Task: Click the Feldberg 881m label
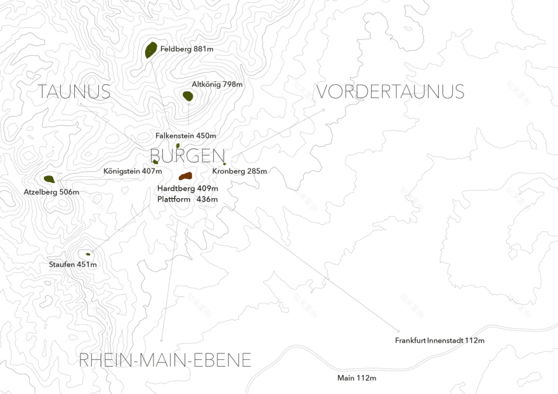(x=186, y=49)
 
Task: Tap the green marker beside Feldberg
(x=151, y=50)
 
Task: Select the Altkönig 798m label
(x=217, y=84)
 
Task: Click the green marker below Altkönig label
(x=188, y=96)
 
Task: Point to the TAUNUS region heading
(x=74, y=92)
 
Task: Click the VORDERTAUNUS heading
(x=390, y=92)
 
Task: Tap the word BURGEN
(x=188, y=156)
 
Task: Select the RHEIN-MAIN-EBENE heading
(x=165, y=360)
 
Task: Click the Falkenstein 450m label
(x=186, y=136)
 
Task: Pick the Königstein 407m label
(x=133, y=171)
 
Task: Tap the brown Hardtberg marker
(x=185, y=176)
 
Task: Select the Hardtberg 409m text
(x=188, y=189)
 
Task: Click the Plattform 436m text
(x=188, y=200)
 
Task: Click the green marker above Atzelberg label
(x=49, y=179)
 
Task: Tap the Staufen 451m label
(x=73, y=264)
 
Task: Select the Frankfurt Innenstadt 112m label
(x=439, y=341)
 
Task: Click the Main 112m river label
(x=356, y=378)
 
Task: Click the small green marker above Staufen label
(x=88, y=254)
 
